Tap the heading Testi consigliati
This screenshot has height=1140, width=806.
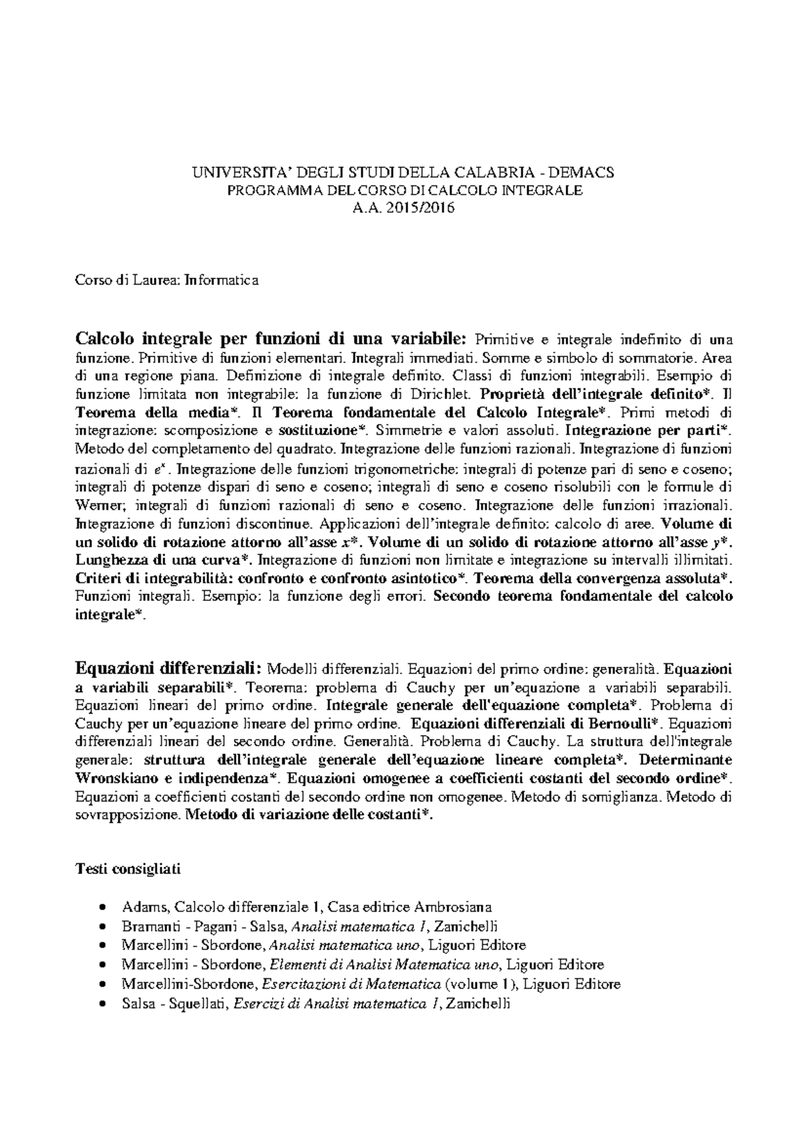tap(128, 869)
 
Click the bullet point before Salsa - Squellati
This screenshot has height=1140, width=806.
tap(101, 1005)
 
